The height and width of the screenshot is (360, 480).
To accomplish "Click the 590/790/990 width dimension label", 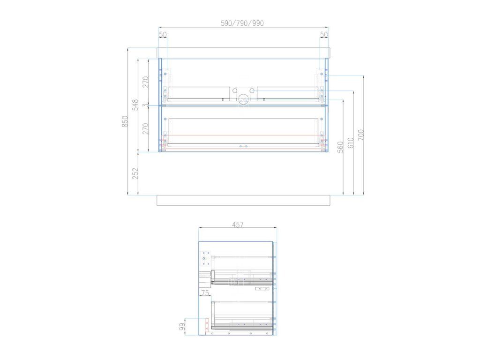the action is coord(242,23).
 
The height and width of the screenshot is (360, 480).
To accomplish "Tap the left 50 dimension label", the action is coord(163,35).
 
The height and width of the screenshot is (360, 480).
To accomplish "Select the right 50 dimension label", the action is coord(324,35).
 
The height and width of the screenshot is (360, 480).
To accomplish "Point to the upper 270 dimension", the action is coord(145,82).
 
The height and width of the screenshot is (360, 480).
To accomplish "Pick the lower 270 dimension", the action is coord(145,128).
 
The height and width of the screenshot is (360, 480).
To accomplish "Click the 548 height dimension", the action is coord(135,105).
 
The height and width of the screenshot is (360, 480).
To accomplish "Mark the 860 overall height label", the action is coord(125,122).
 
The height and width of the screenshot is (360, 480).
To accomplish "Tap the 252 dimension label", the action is coord(135,173).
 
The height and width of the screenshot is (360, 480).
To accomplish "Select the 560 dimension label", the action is coord(340,147).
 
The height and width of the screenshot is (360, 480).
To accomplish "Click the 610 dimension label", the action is coord(351,143).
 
